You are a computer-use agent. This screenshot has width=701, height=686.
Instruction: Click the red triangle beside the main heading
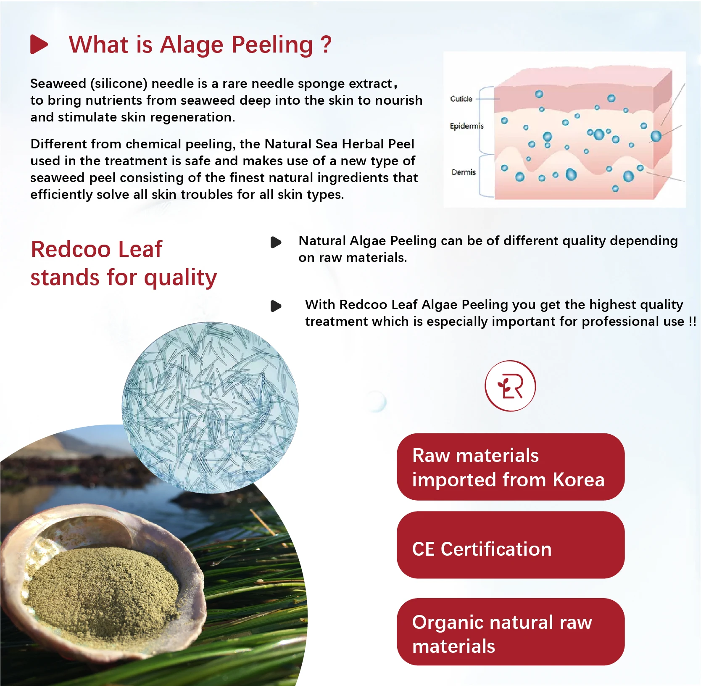click(39, 45)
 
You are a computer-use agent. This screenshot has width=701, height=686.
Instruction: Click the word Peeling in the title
click(272, 45)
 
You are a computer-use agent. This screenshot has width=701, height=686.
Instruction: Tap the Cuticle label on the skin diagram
click(461, 99)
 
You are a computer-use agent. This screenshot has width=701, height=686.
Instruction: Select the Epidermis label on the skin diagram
click(466, 126)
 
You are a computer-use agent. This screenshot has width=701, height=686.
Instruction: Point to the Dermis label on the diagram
click(464, 172)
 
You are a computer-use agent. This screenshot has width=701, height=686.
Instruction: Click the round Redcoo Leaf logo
click(510, 386)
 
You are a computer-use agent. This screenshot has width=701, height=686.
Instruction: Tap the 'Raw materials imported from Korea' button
click(511, 467)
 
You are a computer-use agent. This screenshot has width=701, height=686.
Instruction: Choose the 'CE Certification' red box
click(511, 545)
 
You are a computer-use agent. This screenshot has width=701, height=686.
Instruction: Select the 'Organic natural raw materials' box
click(511, 632)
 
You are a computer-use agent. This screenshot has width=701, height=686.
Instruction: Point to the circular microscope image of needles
click(210, 408)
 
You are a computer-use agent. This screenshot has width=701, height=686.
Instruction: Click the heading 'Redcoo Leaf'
click(97, 249)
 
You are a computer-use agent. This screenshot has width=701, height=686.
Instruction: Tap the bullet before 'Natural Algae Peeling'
click(276, 242)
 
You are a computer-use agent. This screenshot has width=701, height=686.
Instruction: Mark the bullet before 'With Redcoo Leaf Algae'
click(276, 306)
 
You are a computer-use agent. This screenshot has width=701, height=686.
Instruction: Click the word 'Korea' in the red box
click(579, 480)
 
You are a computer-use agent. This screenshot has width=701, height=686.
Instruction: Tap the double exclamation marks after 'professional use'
click(693, 322)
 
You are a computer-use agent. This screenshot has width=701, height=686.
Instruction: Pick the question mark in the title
click(326, 44)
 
